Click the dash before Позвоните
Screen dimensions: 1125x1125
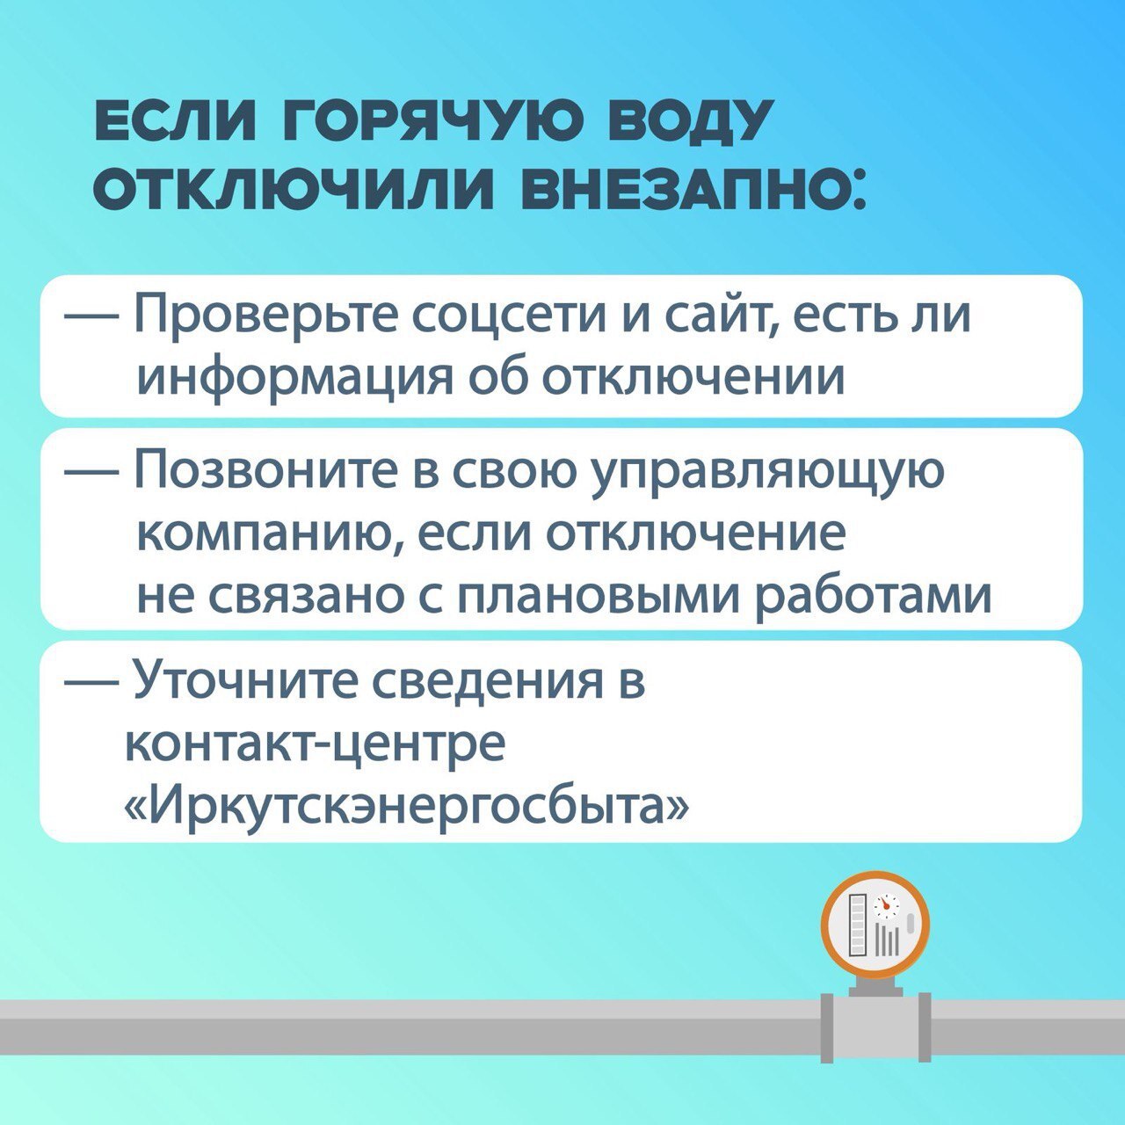pyautogui.click(x=91, y=474)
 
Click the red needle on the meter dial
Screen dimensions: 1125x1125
pyautogui.click(x=887, y=923)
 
